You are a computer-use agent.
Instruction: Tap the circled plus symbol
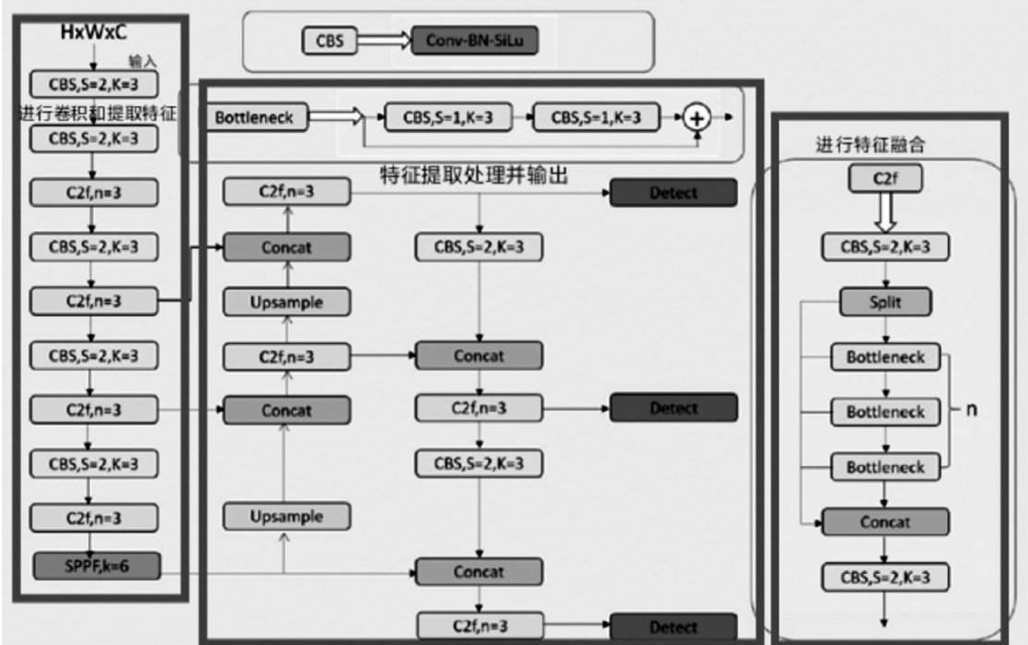click(x=698, y=119)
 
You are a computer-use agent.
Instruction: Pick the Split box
click(x=885, y=302)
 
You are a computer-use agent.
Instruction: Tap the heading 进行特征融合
click(x=856, y=145)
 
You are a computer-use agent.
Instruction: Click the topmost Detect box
click(x=673, y=193)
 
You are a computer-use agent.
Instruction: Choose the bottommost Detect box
click(x=673, y=627)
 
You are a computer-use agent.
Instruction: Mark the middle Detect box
click(x=673, y=407)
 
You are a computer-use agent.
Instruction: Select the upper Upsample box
click(x=286, y=302)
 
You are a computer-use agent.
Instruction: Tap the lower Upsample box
click(x=286, y=517)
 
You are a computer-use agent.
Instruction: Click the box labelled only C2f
click(x=885, y=181)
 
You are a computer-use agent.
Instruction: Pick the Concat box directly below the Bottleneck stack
click(x=885, y=522)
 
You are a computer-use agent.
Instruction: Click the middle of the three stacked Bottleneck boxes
click(x=885, y=412)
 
